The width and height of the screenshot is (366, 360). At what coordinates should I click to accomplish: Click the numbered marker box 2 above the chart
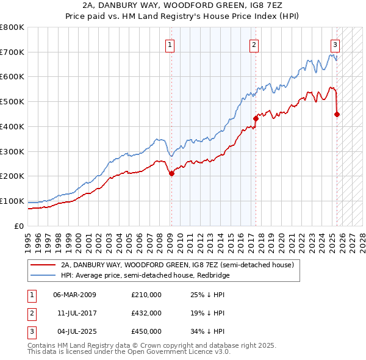[x=253, y=44]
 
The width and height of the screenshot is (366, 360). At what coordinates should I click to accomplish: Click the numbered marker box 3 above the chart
[x=335, y=44]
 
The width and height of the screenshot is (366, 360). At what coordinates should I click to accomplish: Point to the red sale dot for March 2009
[x=171, y=173]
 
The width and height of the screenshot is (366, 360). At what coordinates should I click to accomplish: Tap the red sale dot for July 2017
[x=256, y=118]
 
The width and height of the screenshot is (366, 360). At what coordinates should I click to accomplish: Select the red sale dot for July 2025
[x=337, y=113]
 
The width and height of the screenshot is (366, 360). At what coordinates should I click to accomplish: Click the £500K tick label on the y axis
[x=12, y=101]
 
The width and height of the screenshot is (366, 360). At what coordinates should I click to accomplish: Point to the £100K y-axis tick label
[x=12, y=201]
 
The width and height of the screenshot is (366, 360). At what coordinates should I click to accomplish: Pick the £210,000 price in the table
[x=146, y=295]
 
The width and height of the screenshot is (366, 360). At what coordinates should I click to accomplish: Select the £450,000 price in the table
[x=146, y=331]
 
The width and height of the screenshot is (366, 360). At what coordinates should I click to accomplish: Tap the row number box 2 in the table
[x=31, y=313]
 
